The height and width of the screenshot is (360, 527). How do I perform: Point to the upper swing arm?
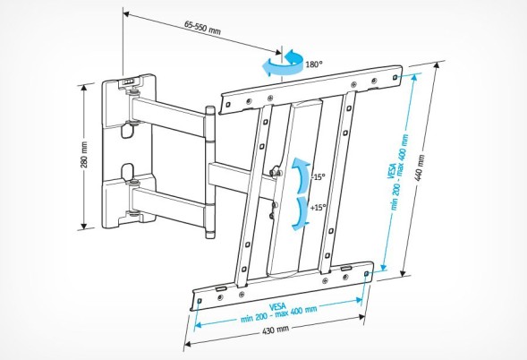click(x=170, y=111)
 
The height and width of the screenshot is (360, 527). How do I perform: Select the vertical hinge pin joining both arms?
click(x=211, y=170)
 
